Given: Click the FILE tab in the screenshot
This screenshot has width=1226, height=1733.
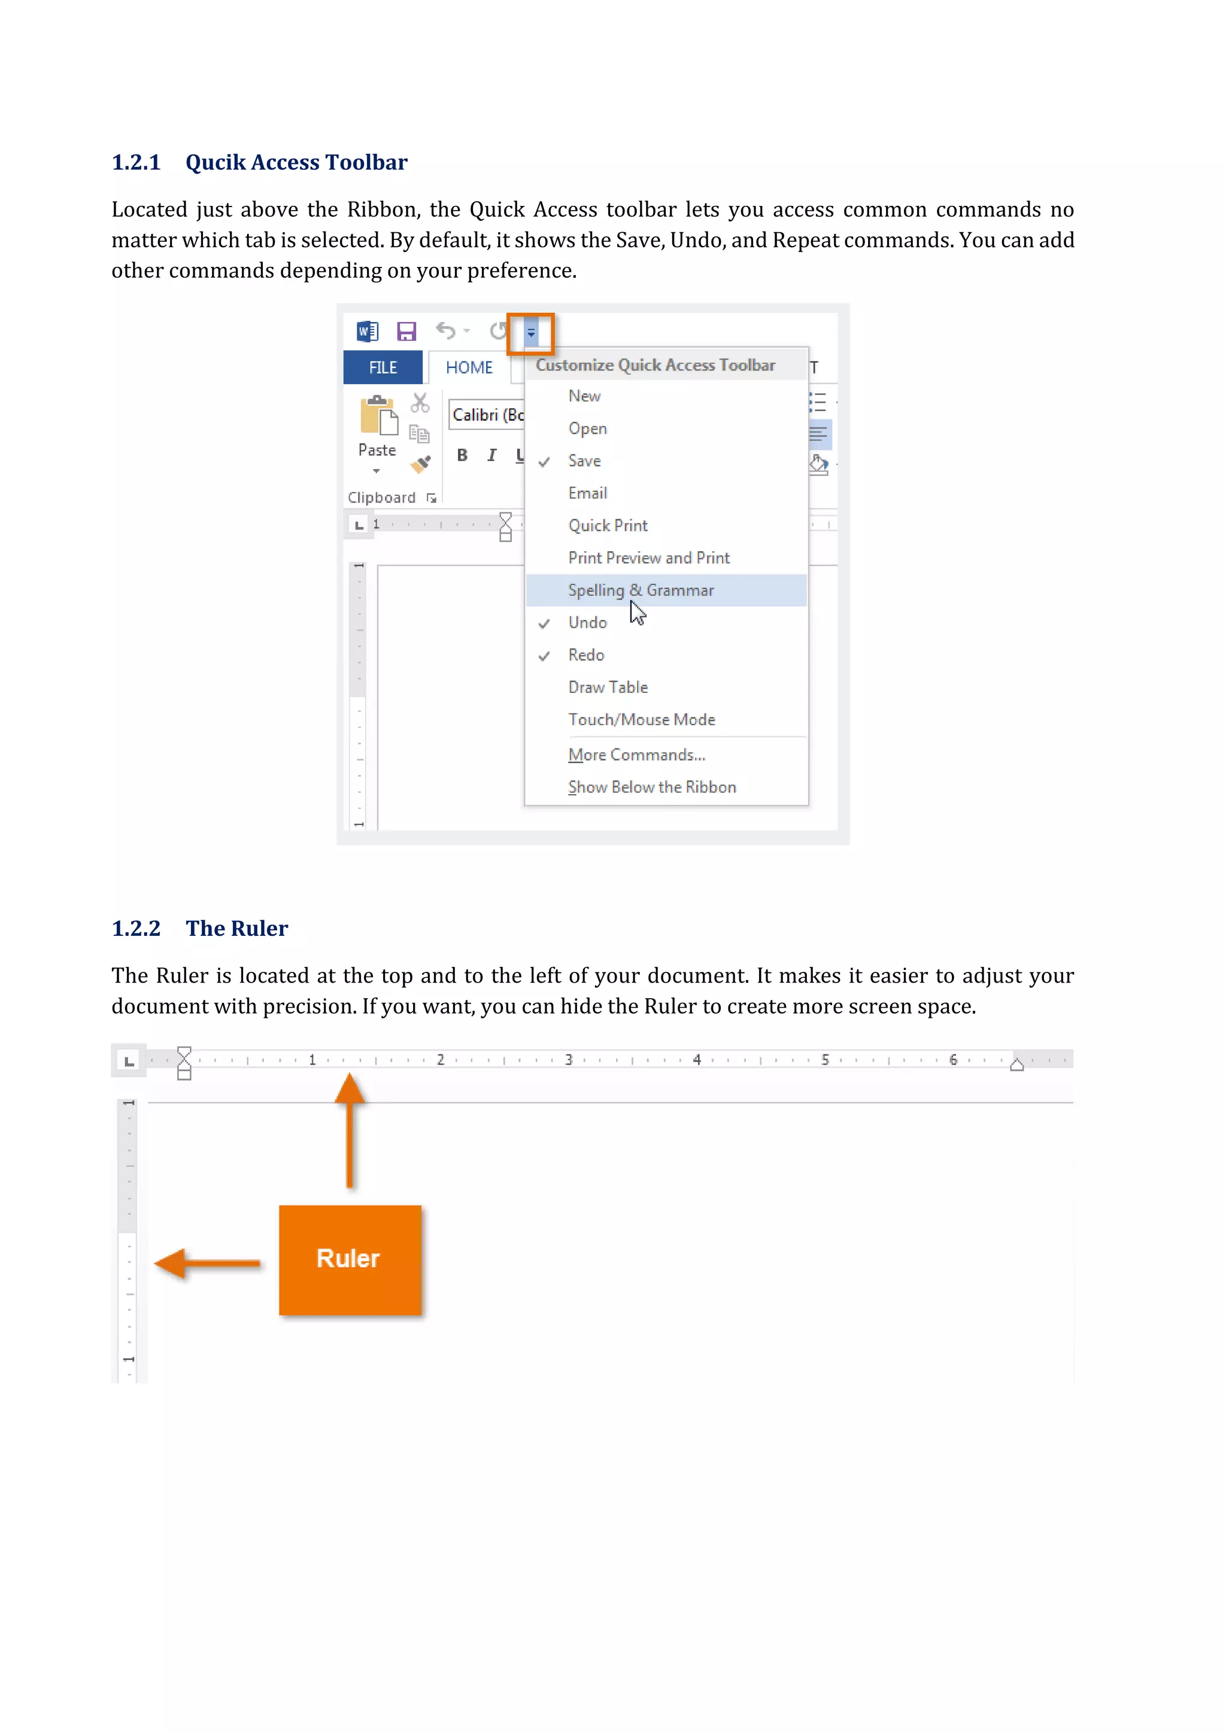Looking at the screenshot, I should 383,367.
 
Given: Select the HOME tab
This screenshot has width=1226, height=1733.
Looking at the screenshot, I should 469,367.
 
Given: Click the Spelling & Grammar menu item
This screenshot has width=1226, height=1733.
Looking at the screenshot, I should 640,590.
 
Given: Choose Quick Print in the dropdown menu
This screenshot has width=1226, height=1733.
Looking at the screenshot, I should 608,525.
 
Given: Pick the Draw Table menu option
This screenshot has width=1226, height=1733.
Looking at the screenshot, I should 608,687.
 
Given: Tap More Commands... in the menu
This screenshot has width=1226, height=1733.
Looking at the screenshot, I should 636,755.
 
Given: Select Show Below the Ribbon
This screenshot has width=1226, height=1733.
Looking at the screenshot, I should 651,788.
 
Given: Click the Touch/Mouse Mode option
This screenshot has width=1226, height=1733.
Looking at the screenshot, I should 642,719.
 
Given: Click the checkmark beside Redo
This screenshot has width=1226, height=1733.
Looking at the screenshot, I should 544,655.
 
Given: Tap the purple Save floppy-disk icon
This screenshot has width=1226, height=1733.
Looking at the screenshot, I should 407,332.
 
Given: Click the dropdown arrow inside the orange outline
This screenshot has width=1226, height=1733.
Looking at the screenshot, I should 531,333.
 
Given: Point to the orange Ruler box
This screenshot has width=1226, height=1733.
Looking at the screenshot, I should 350,1259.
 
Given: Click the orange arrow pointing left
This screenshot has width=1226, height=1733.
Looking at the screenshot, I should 206,1263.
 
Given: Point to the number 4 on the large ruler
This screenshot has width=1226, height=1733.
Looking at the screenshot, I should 697,1060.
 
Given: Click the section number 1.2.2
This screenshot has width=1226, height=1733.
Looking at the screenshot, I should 136,928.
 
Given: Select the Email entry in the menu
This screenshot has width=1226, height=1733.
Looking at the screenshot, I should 587,493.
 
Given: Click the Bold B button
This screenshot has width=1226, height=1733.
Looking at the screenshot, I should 462,455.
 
